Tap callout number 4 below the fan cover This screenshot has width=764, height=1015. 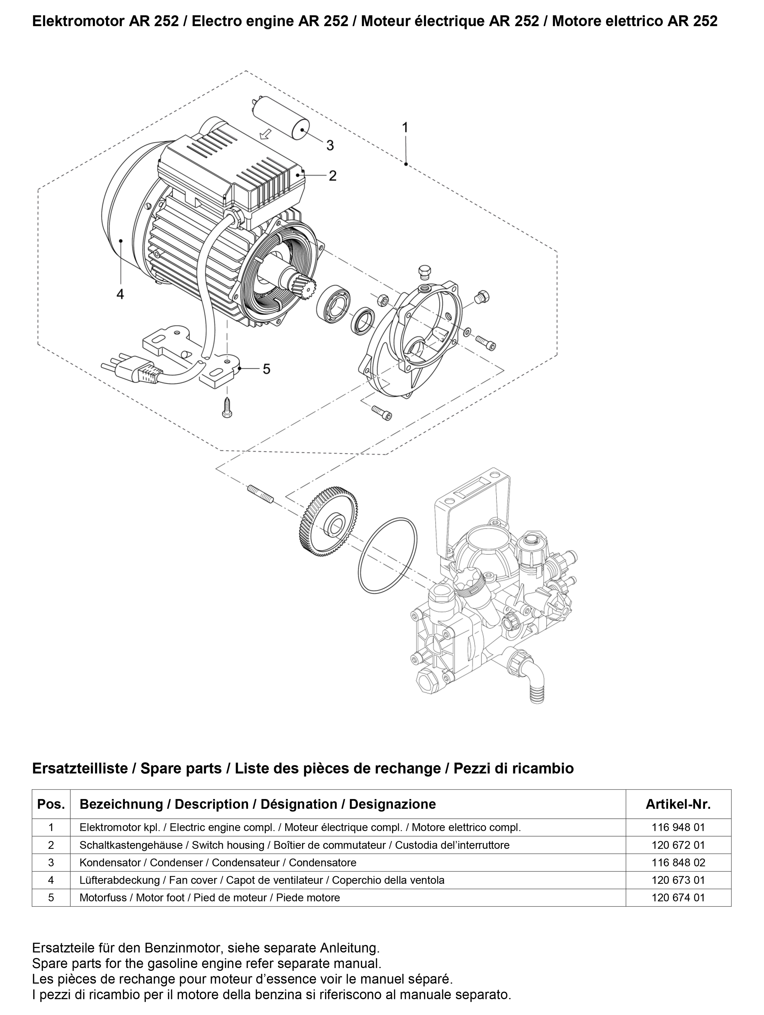click(120, 294)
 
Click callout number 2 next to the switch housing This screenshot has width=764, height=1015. click(332, 176)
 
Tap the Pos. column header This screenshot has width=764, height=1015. click(51, 804)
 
